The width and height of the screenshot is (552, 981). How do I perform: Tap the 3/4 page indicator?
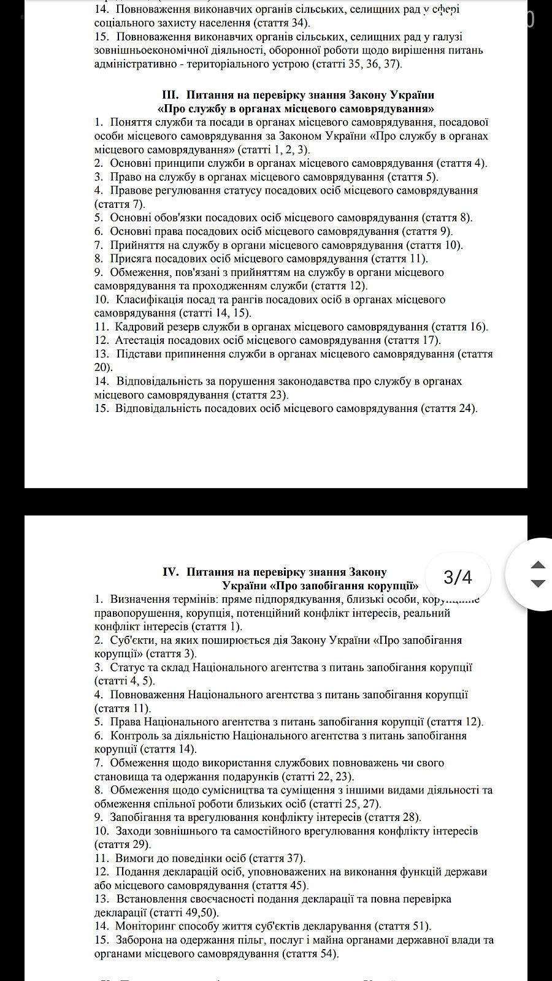[x=458, y=577]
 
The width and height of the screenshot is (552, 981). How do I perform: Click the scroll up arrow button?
[x=537, y=565]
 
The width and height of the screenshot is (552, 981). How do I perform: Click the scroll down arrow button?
[x=537, y=584]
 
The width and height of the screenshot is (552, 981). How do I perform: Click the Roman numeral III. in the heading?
[x=170, y=95]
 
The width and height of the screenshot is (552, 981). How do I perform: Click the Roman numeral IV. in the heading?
[x=171, y=572]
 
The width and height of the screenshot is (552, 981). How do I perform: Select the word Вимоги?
[x=134, y=858]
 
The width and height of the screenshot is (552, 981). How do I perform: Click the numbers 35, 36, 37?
[x=375, y=64]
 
